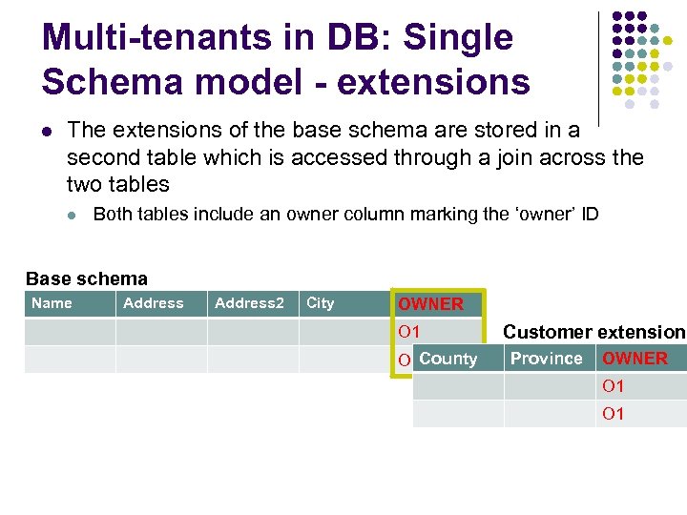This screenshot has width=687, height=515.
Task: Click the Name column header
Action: [x=52, y=303]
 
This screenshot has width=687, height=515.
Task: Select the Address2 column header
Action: [x=249, y=303]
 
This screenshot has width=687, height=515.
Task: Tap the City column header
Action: [x=321, y=303]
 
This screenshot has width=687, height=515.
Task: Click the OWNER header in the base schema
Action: [x=430, y=304]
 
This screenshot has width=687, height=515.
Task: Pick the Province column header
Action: [x=546, y=359]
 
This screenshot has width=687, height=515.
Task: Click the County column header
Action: [x=448, y=359]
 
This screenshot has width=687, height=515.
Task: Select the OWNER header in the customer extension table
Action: [x=635, y=359]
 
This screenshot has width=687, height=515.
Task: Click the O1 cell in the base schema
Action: [x=409, y=332]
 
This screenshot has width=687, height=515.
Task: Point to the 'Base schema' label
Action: [x=87, y=279]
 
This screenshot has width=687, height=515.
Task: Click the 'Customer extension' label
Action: [x=593, y=332]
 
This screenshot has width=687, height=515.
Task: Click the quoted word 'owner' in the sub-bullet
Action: [x=546, y=214]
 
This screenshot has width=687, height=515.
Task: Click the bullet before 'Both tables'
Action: [x=73, y=215]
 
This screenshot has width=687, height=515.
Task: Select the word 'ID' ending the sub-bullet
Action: [x=589, y=214]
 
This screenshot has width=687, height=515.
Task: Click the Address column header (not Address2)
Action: [x=154, y=303]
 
